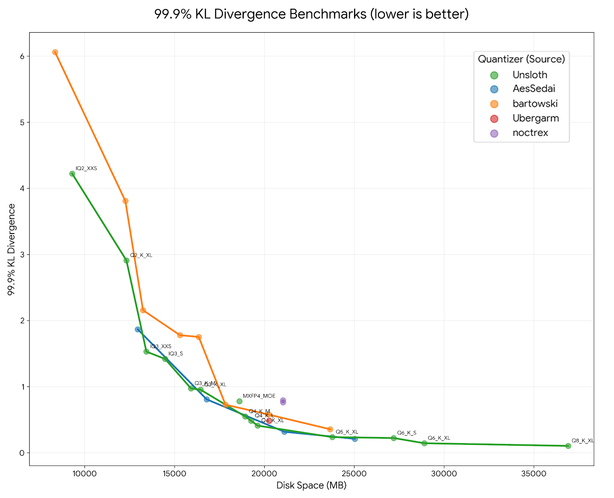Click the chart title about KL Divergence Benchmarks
311,14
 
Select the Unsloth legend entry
530,75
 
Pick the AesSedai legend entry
533,89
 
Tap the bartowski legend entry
535,104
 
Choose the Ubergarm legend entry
535,118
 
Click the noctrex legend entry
530,133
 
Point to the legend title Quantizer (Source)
521,59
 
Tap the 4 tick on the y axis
21,188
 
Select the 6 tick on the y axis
21,56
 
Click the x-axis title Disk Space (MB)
311,485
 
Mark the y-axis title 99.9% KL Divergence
12,249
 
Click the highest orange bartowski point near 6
55,52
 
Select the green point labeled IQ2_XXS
72,174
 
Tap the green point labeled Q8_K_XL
568,446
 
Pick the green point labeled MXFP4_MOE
239,401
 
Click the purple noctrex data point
283,401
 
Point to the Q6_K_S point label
406,433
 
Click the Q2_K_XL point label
141,255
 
